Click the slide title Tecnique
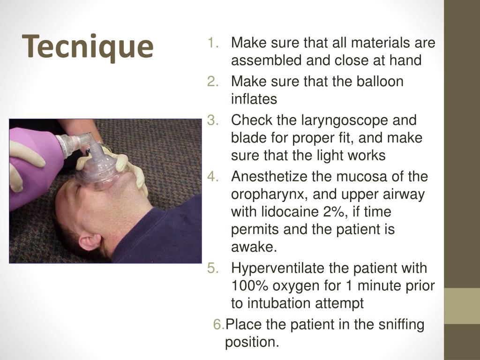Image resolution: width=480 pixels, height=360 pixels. [90, 46]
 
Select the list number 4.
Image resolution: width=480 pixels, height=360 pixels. [213, 177]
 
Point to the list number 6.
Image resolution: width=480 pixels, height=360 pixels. [218, 324]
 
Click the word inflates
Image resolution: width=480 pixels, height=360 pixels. [254, 99]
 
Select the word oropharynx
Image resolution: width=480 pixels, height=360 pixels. [267, 195]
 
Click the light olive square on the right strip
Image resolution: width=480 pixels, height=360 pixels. [462, 306]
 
